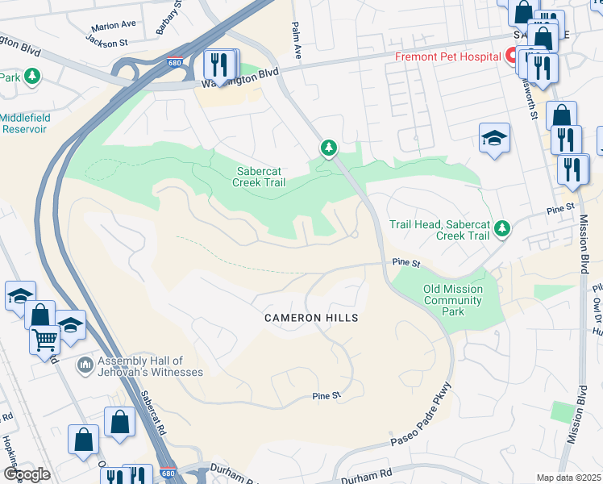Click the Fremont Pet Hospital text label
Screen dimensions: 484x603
pos(447,57)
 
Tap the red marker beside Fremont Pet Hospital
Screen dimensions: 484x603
pos(510,57)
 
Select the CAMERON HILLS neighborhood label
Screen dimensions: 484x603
pos(311,318)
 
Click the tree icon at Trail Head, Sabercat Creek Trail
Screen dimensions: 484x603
pos(502,229)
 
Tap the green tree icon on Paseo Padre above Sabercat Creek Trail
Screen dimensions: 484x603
pos(328,148)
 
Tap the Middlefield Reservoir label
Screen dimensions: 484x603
pos(25,123)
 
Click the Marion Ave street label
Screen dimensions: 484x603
pos(114,25)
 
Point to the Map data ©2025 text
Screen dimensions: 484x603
pos(568,478)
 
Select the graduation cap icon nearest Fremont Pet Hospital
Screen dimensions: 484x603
pos(494,137)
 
